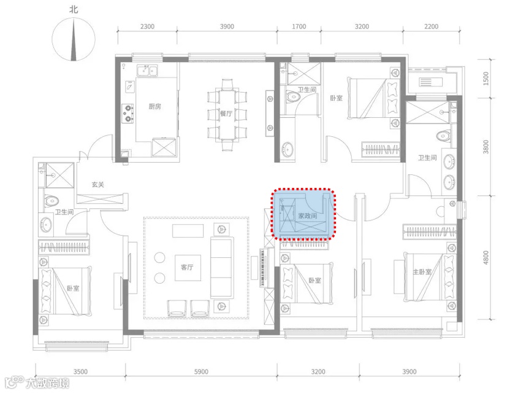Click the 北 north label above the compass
coord(74,9)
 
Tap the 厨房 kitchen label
coord(154,106)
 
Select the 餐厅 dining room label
coord(226,114)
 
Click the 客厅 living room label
coord(187,267)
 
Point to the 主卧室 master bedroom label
coord(422,271)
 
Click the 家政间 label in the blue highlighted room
coord(308,216)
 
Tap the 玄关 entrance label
coord(98,184)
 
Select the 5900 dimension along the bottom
coord(201,372)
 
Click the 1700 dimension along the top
coord(299,26)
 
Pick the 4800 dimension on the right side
coord(486,258)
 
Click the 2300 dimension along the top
coord(147,26)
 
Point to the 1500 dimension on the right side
coord(486,79)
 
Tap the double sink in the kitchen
coord(147,71)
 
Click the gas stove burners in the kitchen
coord(128,113)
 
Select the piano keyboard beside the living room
coord(262,267)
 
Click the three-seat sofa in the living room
coord(222,267)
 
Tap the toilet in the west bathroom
coord(51,201)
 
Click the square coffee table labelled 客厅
coord(188,268)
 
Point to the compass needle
coord(74,40)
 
